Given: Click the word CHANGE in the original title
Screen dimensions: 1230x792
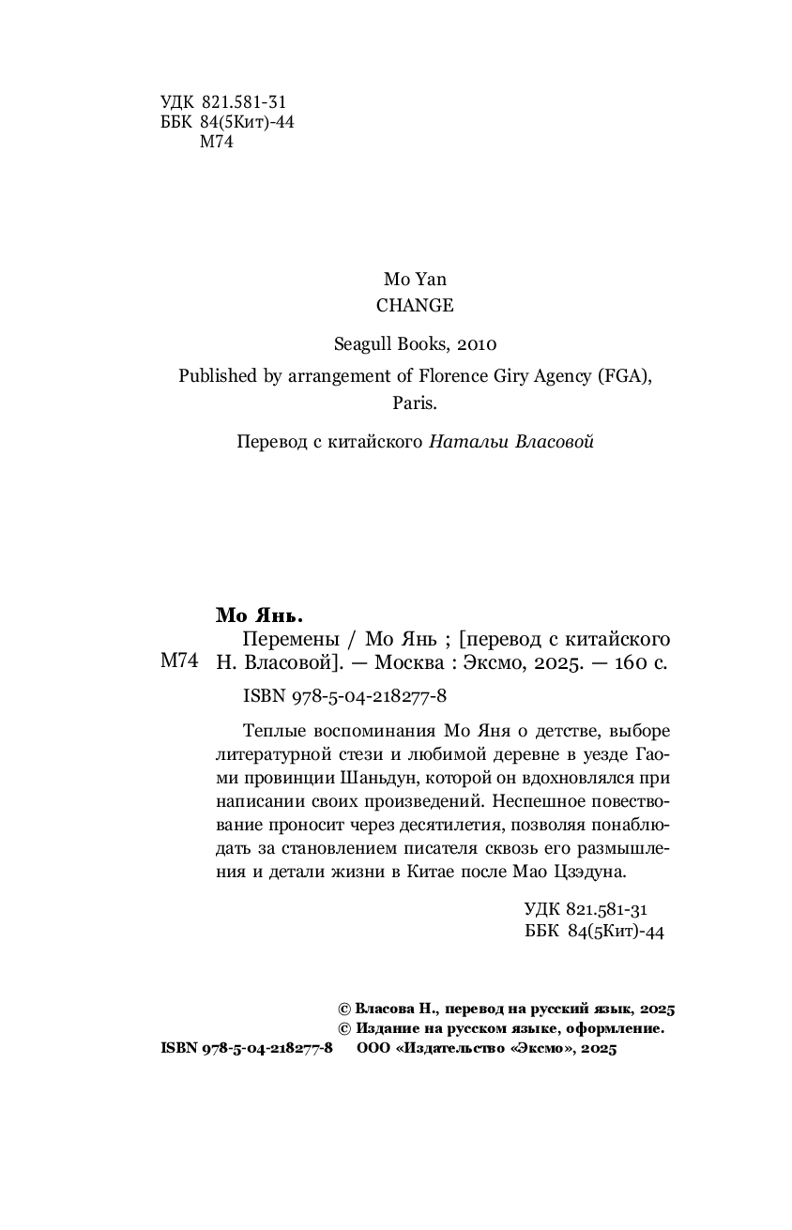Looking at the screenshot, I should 414,305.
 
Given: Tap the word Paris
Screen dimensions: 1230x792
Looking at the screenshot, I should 414,404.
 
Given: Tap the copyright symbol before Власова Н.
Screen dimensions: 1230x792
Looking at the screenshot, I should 343,1009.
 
